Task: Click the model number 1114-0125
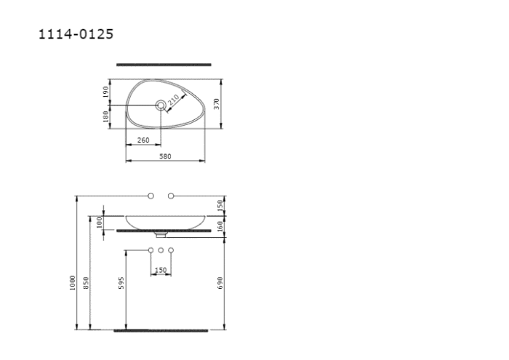76,34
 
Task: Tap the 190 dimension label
105,92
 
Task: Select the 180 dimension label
105,116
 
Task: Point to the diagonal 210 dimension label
173,100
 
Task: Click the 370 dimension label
217,104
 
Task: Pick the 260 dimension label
143,140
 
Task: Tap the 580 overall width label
165,156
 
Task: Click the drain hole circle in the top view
161,105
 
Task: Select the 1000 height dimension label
73,283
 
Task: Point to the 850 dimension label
86,283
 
